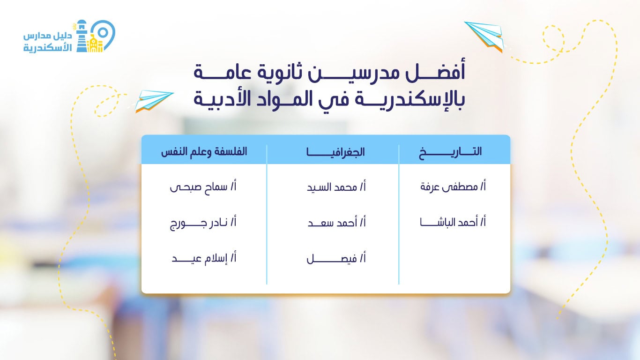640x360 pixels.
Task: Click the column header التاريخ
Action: point(450,152)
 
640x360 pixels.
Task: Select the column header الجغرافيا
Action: point(335,152)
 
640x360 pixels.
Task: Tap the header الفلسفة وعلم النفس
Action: point(204,152)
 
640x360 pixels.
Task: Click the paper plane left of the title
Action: point(154,101)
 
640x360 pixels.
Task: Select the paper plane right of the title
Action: point(484,35)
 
